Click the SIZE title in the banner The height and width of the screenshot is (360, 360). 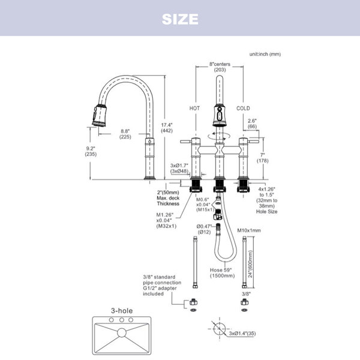[180, 19]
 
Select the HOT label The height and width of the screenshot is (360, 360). [194, 109]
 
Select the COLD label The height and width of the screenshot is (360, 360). [243, 109]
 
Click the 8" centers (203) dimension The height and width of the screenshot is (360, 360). [220, 67]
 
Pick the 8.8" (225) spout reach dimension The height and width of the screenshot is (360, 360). [125, 134]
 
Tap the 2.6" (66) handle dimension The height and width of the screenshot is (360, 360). [252, 123]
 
